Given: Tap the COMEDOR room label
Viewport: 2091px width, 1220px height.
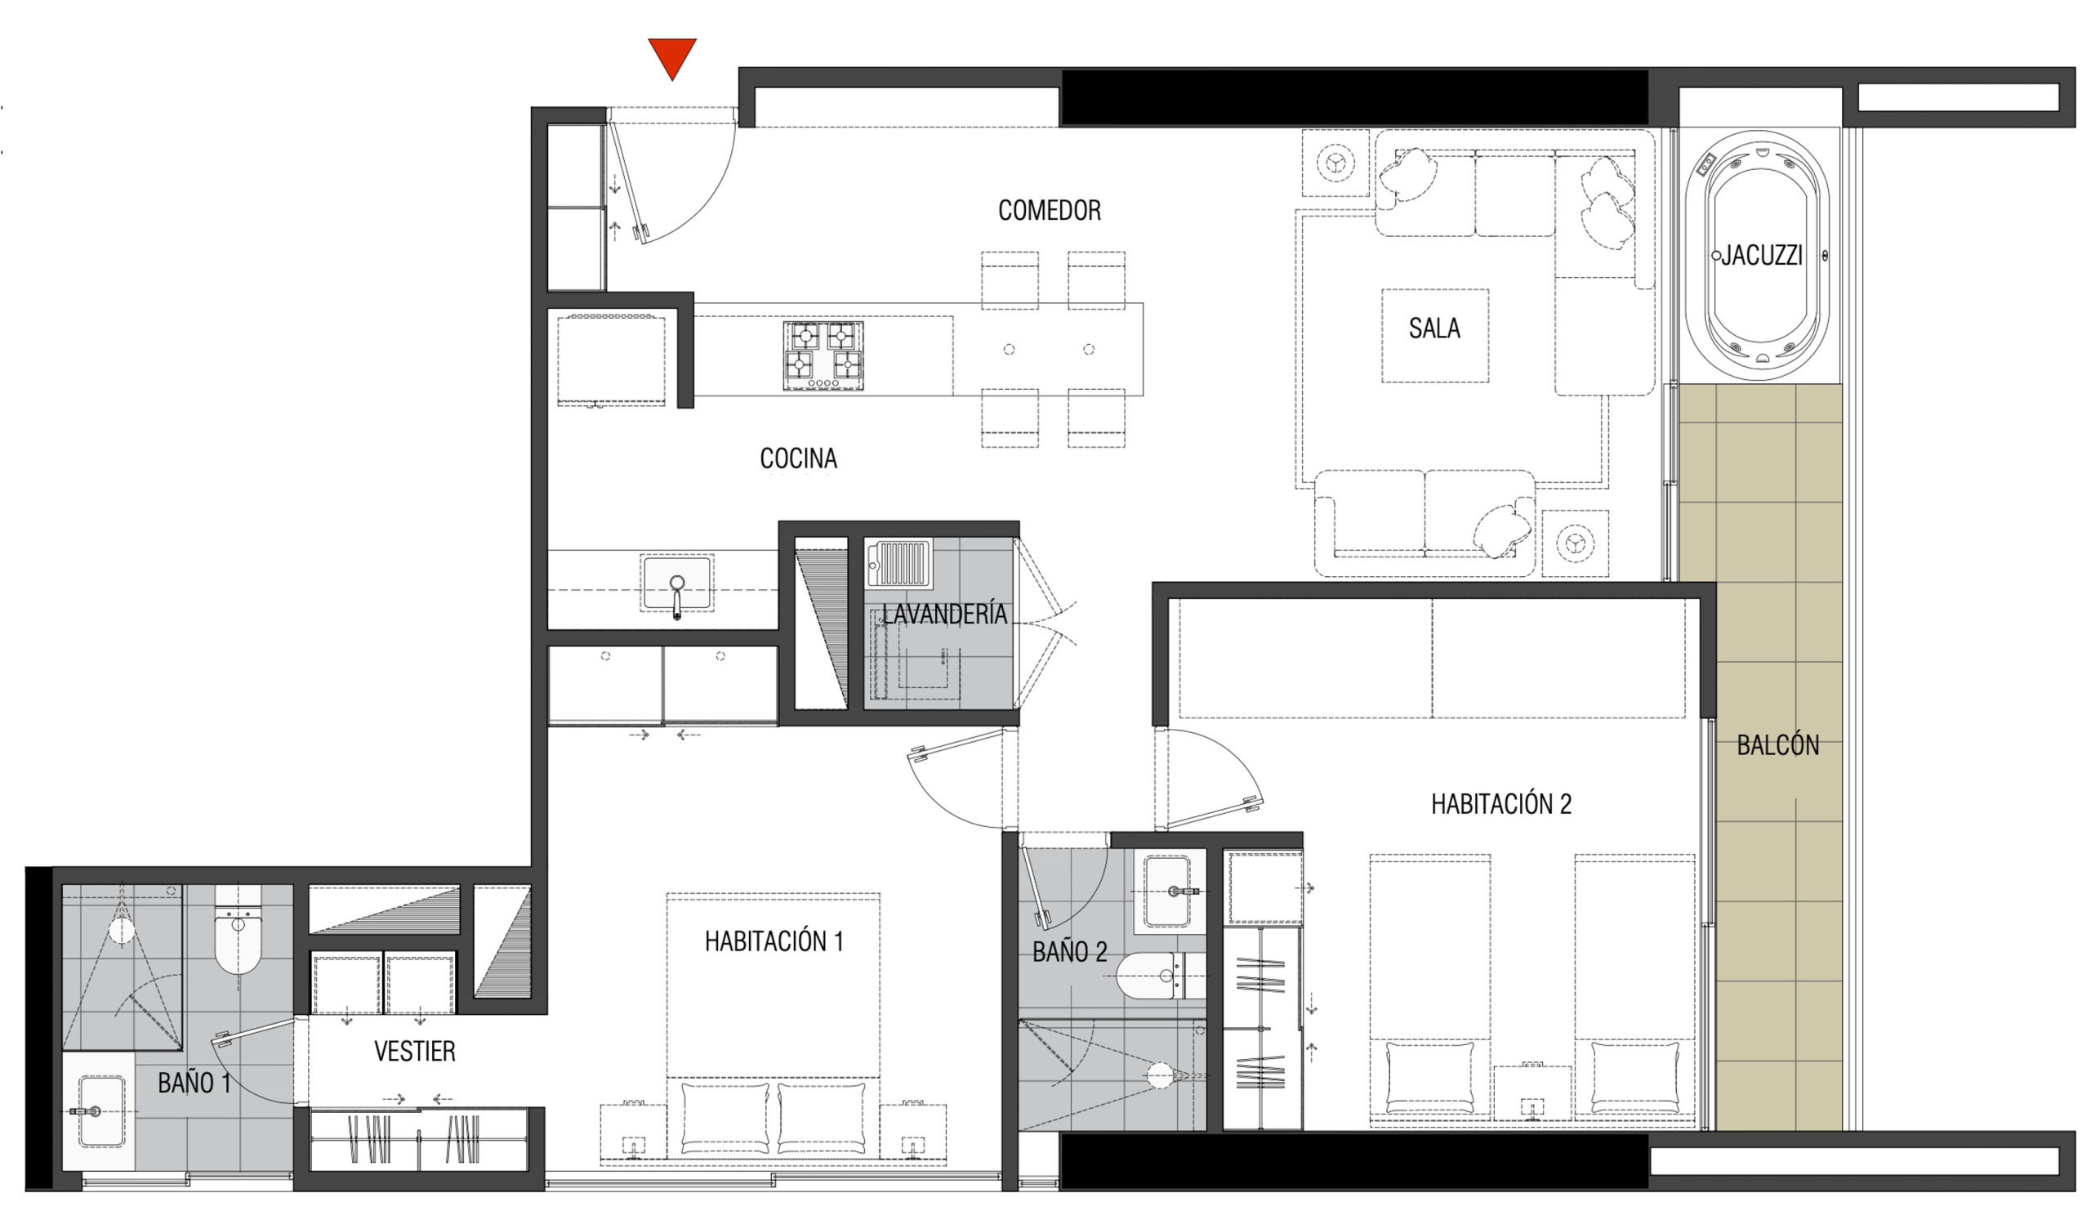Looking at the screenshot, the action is coord(1050,211).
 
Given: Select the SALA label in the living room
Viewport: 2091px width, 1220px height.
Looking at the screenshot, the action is coord(1434,328).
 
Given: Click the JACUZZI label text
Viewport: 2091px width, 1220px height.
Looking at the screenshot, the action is coord(1762,256).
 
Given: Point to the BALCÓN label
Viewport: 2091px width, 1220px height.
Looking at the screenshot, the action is coord(1778,745).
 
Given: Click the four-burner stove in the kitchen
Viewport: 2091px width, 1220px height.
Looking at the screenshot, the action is coord(823,355).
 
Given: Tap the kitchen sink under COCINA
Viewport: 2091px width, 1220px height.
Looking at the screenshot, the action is coord(677,583).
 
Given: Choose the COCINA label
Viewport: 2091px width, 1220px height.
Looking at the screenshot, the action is coord(798,458).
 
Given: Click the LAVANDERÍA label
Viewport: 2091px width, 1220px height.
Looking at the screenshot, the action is coord(944,614).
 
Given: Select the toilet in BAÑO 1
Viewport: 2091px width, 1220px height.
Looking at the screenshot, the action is coord(239,930).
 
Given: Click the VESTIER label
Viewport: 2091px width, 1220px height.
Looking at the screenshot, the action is coord(415,1052).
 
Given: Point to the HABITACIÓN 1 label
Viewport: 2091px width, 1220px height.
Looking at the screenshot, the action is coord(774,941).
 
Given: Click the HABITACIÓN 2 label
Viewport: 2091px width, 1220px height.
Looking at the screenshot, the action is coord(1501,803).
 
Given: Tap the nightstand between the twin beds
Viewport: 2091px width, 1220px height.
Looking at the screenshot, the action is coord(1532,1096).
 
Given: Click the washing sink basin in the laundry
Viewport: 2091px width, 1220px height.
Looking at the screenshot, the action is coord(898,563).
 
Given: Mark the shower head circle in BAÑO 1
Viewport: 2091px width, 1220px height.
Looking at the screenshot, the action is coord(122,931).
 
